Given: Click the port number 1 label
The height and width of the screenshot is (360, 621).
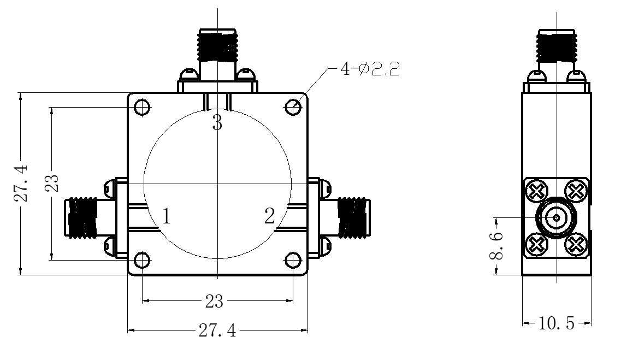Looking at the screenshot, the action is (x=167, y=216).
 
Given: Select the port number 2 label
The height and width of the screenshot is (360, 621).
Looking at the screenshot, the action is (x=270, y=216).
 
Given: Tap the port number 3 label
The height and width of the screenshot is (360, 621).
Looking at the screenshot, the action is (x=217, y=122).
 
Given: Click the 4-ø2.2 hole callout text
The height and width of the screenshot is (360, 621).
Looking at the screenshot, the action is (x=370, y=69).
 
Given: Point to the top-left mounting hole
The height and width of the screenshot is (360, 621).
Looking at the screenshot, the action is (x=142, y=107).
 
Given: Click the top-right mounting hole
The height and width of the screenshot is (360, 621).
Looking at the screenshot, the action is (x=293, y=107).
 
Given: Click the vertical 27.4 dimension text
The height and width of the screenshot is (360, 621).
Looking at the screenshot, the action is (x=21, y=184).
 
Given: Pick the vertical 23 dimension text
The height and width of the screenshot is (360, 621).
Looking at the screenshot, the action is (x=52, y=184).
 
